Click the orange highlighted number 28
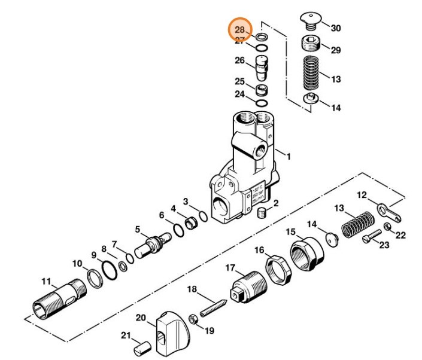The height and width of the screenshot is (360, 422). click(x=240, y=29)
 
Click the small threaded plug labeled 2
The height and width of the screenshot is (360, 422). click(x=261, y=212)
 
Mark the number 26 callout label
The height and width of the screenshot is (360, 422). click(x=239, y=60)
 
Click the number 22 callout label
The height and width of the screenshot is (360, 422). click(x=400, y=234)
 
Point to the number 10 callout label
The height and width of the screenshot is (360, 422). click(x=77, y=263)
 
